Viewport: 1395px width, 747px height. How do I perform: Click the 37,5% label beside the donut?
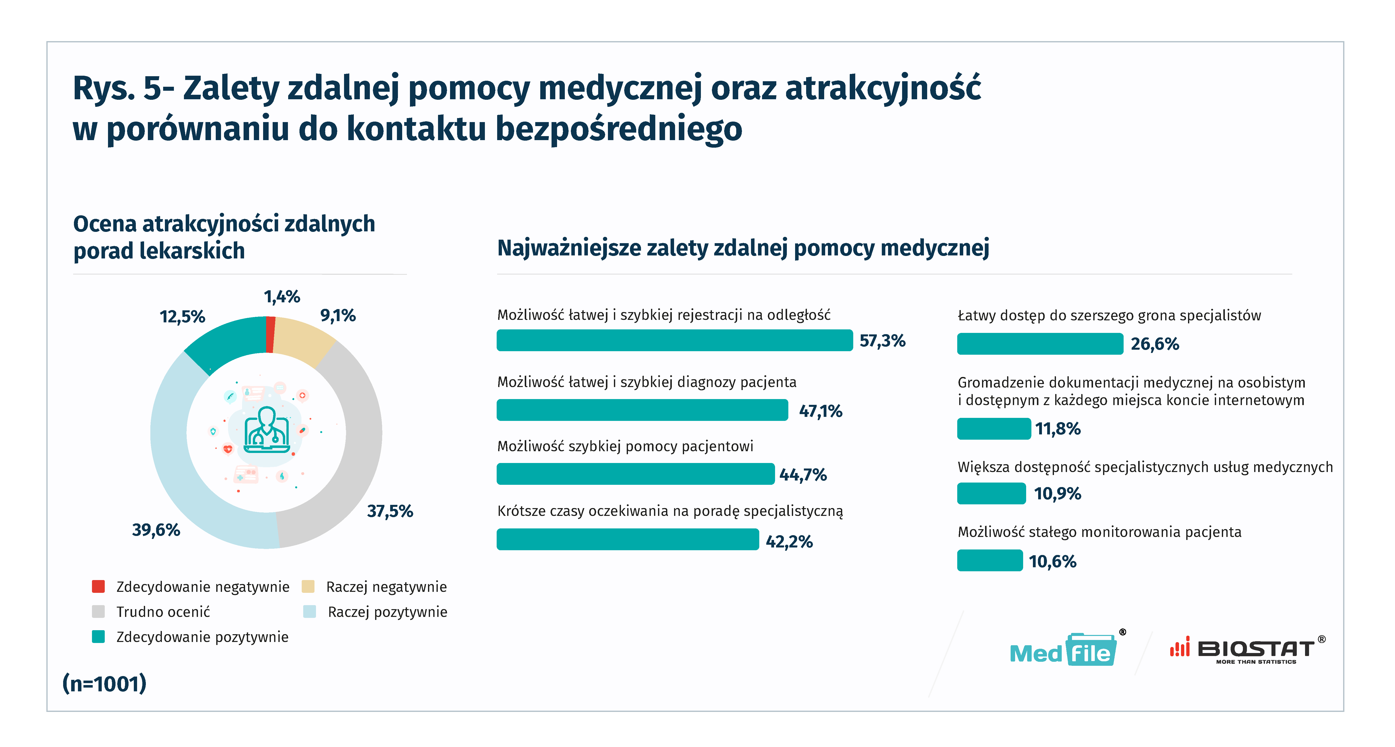(390, 511)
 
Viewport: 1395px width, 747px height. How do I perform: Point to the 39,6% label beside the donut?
(156, 530)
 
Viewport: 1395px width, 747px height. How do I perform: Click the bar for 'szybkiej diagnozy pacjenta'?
(642, 410)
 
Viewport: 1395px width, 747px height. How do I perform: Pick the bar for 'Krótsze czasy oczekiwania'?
(628, 539)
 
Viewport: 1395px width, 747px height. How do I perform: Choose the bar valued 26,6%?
(1040, 344)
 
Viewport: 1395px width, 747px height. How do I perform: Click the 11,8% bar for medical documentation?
(994, 429)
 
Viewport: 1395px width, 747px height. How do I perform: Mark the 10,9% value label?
(1057, 494)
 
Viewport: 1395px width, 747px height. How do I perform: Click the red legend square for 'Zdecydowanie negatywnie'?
(98, 587)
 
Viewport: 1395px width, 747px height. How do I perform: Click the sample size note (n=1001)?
(104, 684)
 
